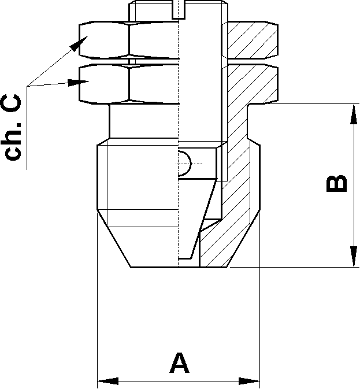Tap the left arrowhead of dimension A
click(107, 381)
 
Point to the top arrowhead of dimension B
click(352, 114)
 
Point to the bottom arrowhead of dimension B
click(352, 257)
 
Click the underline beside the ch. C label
click(28, 128)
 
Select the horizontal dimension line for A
click(179, 381)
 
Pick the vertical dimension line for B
click(352, 186)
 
